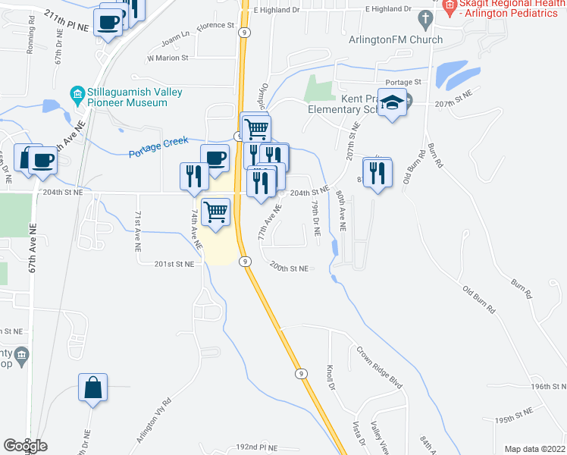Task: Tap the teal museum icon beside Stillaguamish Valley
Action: point(77,96)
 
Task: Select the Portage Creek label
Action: point(157,150)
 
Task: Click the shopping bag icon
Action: point(92,388)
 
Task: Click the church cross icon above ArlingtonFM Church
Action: point(426,17)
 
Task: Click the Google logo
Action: point(25,446)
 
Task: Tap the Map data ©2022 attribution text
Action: point(534,449)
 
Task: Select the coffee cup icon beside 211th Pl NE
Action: point(109,20)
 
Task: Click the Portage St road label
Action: point(403,82)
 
